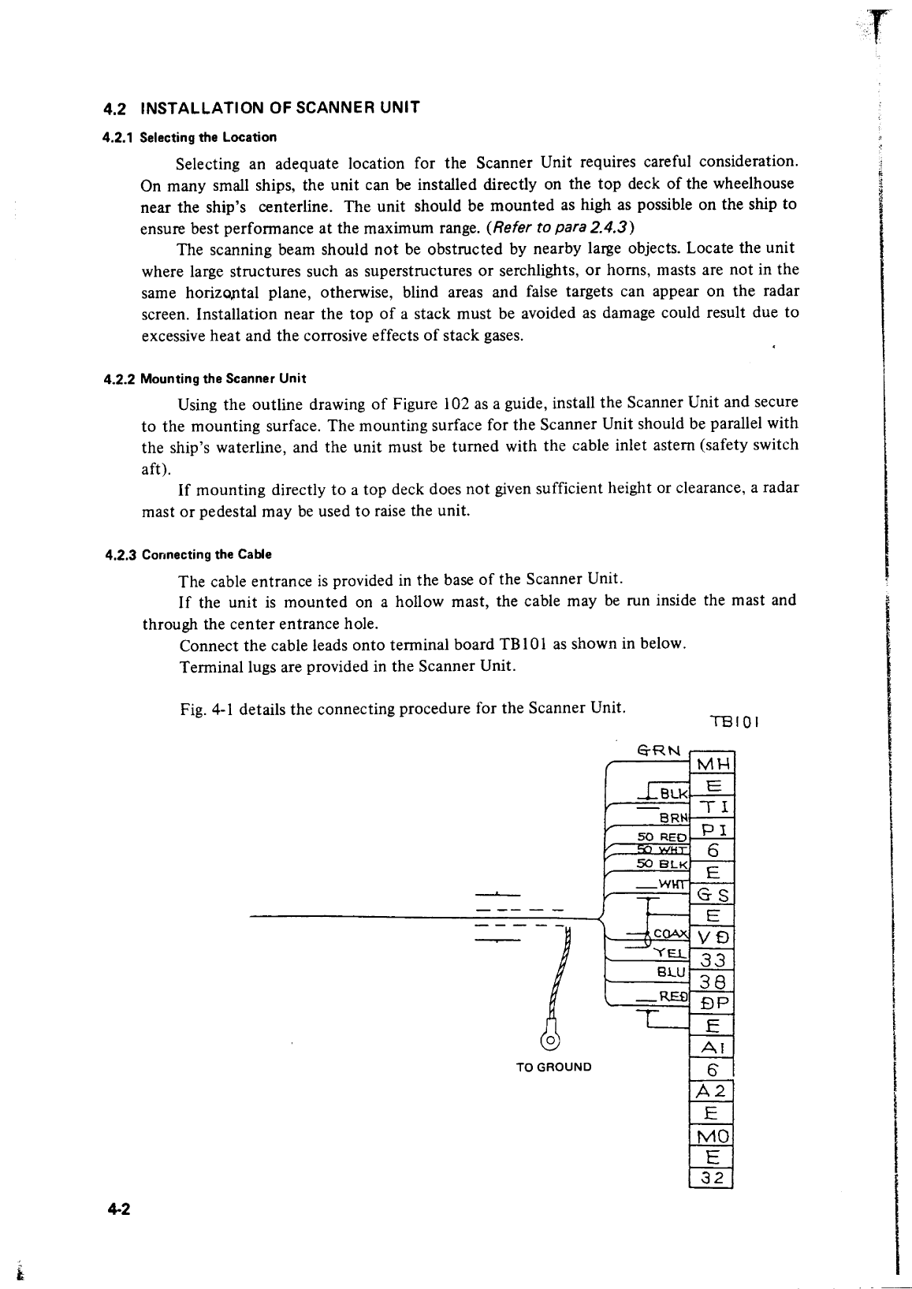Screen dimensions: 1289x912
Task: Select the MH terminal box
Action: click(713, 765)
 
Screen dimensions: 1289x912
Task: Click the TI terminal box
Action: click(713, 807)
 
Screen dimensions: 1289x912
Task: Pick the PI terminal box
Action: click(713, 829)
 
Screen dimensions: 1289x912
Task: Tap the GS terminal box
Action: click(713, 895)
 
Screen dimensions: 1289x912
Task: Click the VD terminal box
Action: click(713, 938)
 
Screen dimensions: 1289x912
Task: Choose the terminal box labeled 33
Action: click(713, 960)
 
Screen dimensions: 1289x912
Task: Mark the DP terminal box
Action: click(713, 1004)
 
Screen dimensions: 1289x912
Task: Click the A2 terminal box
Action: click(713, 1091)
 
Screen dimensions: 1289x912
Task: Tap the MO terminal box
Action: click(713, 1136)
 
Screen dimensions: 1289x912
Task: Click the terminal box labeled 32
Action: click(713, 1179)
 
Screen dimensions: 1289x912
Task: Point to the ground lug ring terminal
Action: click(550, 1040)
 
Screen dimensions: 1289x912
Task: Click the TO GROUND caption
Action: click(553, 1067)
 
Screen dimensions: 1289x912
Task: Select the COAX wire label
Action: click(672, 935)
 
